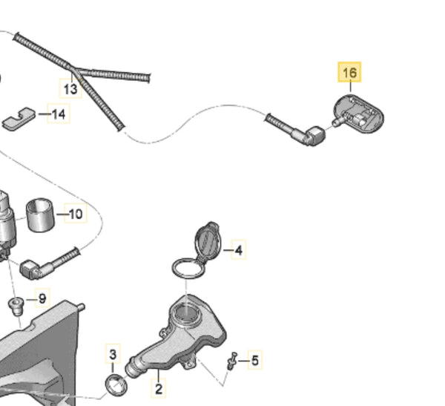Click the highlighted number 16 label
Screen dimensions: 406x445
point(349,73)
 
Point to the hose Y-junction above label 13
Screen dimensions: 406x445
point(73,71)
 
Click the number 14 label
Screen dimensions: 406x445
point(59,114)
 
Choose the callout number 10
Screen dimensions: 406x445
point(75,215)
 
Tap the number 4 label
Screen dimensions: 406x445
point(237,251)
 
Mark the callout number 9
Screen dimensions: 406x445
point(42,298)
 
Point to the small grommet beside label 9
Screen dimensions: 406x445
point(15,304)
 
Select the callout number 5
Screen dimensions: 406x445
point(254,361)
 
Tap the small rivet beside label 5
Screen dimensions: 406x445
point(231,361)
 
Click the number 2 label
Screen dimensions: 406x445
point(159,387)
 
